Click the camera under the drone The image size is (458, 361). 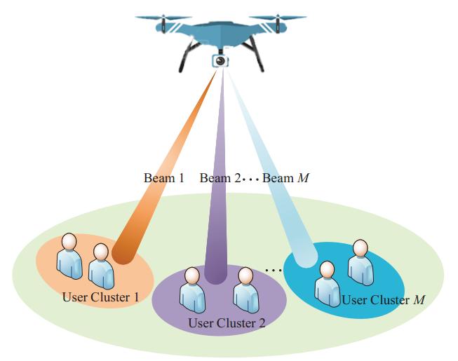pos(221,61)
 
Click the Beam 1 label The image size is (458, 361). pos(163,178)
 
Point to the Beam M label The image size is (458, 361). pos(285,178)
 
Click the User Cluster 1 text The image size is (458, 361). pos(100,297)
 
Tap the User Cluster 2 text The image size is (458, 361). pos(227,323)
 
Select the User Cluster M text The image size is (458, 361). pos(384,300)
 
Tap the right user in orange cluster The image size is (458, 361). pos(101,265)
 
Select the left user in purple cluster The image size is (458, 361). pos(193,289)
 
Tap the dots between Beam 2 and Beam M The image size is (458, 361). pos(250,179)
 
